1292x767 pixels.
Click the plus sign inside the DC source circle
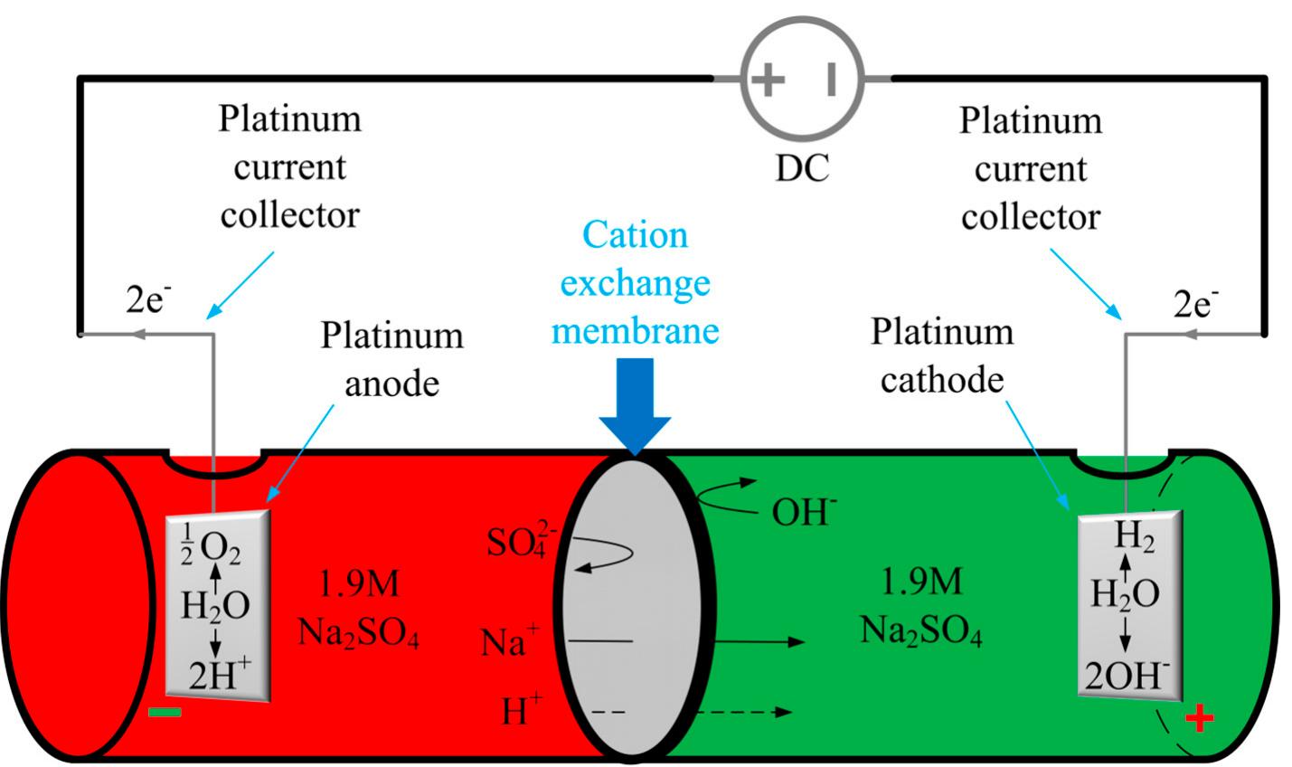tap(768, 80)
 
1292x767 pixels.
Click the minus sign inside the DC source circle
tap(831, 80)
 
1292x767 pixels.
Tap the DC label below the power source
tap(802, 168)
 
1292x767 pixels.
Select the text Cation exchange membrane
tap(635, 282)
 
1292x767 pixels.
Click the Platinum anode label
tap(391, 358)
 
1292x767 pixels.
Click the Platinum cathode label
tap(942, 355)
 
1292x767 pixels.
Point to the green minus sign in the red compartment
tap(165, 712)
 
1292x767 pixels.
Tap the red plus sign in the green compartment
tap(1199, 719)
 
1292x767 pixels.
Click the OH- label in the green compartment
tap(804, 512)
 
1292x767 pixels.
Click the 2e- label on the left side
tap(147, 300)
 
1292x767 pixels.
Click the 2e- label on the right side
tap(1195, 305)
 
